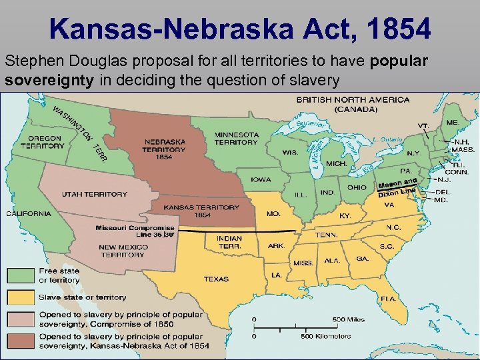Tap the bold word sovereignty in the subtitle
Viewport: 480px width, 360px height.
tap(41, 81)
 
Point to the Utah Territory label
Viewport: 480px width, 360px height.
tap(94, 194)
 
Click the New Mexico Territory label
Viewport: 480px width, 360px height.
tap(122, 251)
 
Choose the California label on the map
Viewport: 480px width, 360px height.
tap(29, 214)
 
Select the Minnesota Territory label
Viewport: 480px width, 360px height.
tap(236, 138)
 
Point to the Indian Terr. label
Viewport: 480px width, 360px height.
tap(229, 242)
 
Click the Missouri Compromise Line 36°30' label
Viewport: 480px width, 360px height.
tap(125, 231)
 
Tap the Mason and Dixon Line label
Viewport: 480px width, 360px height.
tap(397, 187)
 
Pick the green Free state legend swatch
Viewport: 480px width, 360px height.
tap(21, 275)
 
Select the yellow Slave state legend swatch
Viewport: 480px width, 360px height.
tap(21, 297)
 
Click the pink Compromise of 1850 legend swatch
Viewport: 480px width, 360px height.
tap(21, 319)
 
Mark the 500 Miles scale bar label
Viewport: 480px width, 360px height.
tap(349, 320)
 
